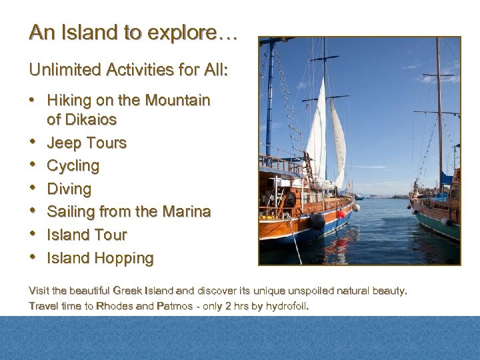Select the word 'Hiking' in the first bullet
pyautogui.click(x=68, y=101)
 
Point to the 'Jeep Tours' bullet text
pyautogui.click(x=86, y=143)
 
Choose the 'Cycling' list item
pyautogui.click(x=73, y=166)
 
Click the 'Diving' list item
pyautogui.click(x=69, y=189)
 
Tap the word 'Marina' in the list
pyautogui.click(x=185, y=212)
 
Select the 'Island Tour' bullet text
pyautogui.click(x=86, y=235)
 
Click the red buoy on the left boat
pyautogui.click(x=341, y=214)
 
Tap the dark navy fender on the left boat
pyautogui.click(x=317, y=221)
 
